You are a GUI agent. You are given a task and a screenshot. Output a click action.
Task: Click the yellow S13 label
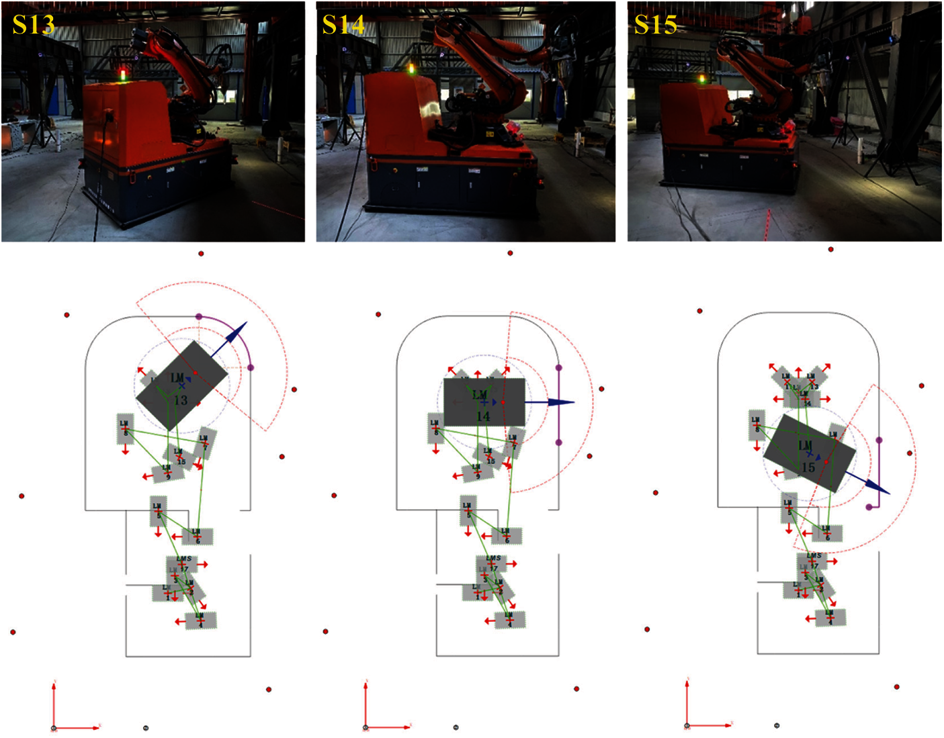tap(33, 25)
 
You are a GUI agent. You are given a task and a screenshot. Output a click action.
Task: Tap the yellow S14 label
tap(343, 25)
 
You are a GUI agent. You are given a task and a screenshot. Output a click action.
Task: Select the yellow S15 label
tap(655, 25)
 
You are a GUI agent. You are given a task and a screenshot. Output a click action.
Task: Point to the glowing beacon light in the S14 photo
tap(411, 68)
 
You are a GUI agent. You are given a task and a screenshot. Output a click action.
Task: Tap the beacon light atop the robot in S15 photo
tap(702, 79)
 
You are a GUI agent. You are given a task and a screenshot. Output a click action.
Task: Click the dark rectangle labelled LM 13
tap(181, 385)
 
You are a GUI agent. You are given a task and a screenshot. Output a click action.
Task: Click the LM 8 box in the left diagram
tap(125, 428)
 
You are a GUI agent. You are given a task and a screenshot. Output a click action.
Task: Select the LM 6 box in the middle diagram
tap(507, 536)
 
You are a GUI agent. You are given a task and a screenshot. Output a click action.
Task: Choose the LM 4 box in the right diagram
tap(830, 617)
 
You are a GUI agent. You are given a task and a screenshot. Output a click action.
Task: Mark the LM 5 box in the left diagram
tap(158, 511)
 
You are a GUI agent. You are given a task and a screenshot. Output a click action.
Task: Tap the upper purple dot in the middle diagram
tap(558, 368)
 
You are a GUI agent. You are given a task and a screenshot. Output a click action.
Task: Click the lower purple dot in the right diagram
tap(869, 507)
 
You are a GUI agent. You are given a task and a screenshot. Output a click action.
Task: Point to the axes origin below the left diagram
tap(54, 728)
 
